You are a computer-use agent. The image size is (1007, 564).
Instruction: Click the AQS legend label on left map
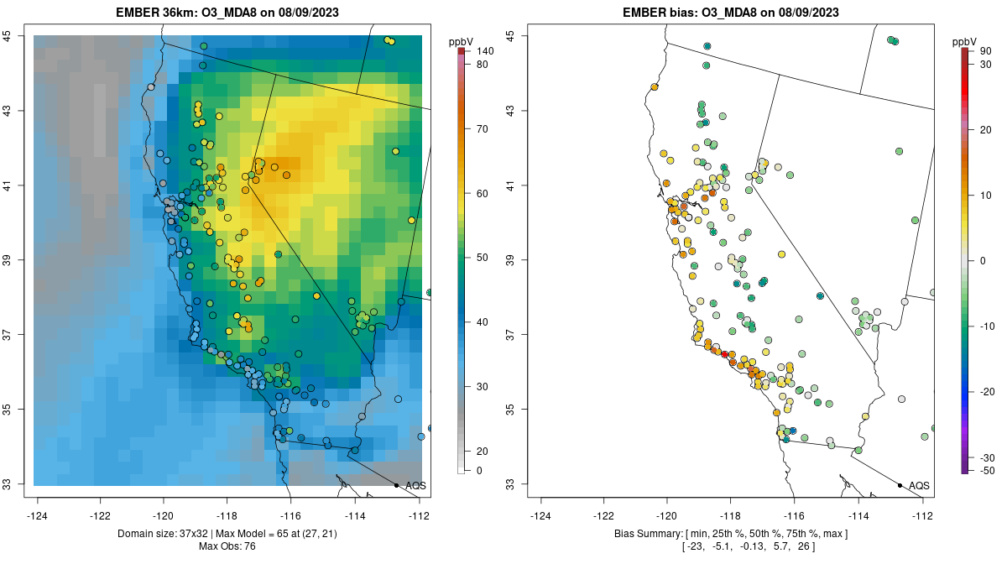point(415,485)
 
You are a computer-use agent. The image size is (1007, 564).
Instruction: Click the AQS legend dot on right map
point(899,485)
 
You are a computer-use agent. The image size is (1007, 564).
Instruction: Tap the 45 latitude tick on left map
point(18,35)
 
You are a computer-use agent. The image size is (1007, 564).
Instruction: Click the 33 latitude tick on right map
point(510,484)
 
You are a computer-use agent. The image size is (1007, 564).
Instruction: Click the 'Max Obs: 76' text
point(227,547)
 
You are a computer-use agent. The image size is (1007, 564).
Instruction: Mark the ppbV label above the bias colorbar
point(965,40)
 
